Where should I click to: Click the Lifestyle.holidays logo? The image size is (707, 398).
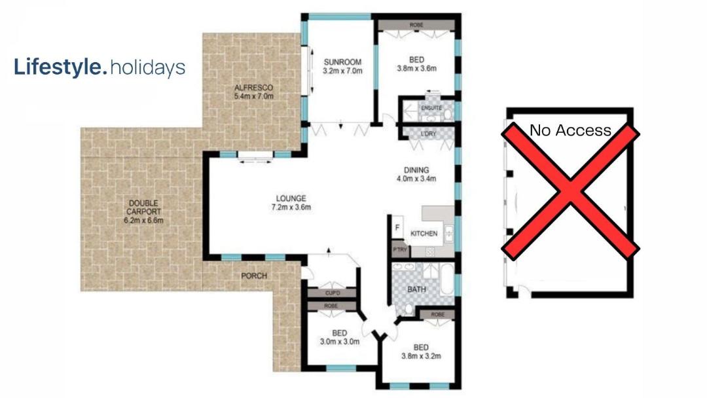coord(100,67)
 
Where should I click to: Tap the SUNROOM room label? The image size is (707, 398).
coord(342,62)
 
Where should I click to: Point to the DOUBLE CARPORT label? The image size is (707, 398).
coord(143,208)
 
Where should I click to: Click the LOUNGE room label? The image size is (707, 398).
coord(291,198)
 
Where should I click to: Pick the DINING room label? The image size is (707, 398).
coord(416,170)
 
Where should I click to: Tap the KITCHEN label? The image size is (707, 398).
coord(424,234)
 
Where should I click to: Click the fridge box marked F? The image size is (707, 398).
coord(397,228)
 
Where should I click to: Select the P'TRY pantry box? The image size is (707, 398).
coord(400,249)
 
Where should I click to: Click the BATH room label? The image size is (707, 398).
coord(416,289)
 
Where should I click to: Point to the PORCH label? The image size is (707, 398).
coord(254,276)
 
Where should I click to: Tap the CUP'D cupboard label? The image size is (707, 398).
coord(333,293)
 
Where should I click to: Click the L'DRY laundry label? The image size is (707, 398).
coord(428,134)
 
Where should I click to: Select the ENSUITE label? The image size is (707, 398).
coord(431,108)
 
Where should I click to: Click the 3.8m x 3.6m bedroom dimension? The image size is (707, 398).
coord(416,69)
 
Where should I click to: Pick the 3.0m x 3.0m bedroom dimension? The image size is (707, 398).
coord(340,342)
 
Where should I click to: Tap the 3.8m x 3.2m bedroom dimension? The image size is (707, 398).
coord(421,356)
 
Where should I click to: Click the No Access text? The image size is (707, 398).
coord(570,130)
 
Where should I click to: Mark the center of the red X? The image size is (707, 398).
coord(570,191)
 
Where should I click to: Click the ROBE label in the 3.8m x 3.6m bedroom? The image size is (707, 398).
coord(416,26)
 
